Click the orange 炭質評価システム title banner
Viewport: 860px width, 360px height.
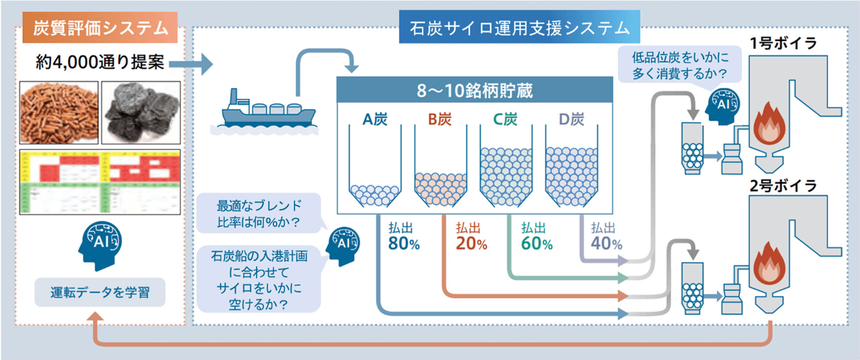(100, 27)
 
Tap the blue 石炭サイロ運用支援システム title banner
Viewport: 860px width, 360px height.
(519, 27)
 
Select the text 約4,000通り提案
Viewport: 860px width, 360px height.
(100, 62)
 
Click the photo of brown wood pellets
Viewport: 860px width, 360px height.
(59, 112)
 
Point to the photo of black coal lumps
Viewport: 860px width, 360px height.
(141, 112)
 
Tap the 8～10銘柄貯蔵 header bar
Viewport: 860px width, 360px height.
(474, 91)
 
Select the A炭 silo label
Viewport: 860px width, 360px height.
(375, 119)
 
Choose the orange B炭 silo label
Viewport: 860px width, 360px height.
(440, 119)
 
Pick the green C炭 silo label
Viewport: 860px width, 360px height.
(505, 119)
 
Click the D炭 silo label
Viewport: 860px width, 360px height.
(571, 119)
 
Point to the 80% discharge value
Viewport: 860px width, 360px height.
(403, 244)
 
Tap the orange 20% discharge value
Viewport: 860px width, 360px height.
(471, 244)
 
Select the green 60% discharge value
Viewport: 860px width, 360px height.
(537, 244)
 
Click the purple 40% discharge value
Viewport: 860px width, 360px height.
(606, 244)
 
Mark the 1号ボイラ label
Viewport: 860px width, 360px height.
(783, 43)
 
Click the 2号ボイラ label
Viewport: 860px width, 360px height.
(783, 186)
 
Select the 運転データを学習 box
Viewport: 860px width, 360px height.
(100, 292)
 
